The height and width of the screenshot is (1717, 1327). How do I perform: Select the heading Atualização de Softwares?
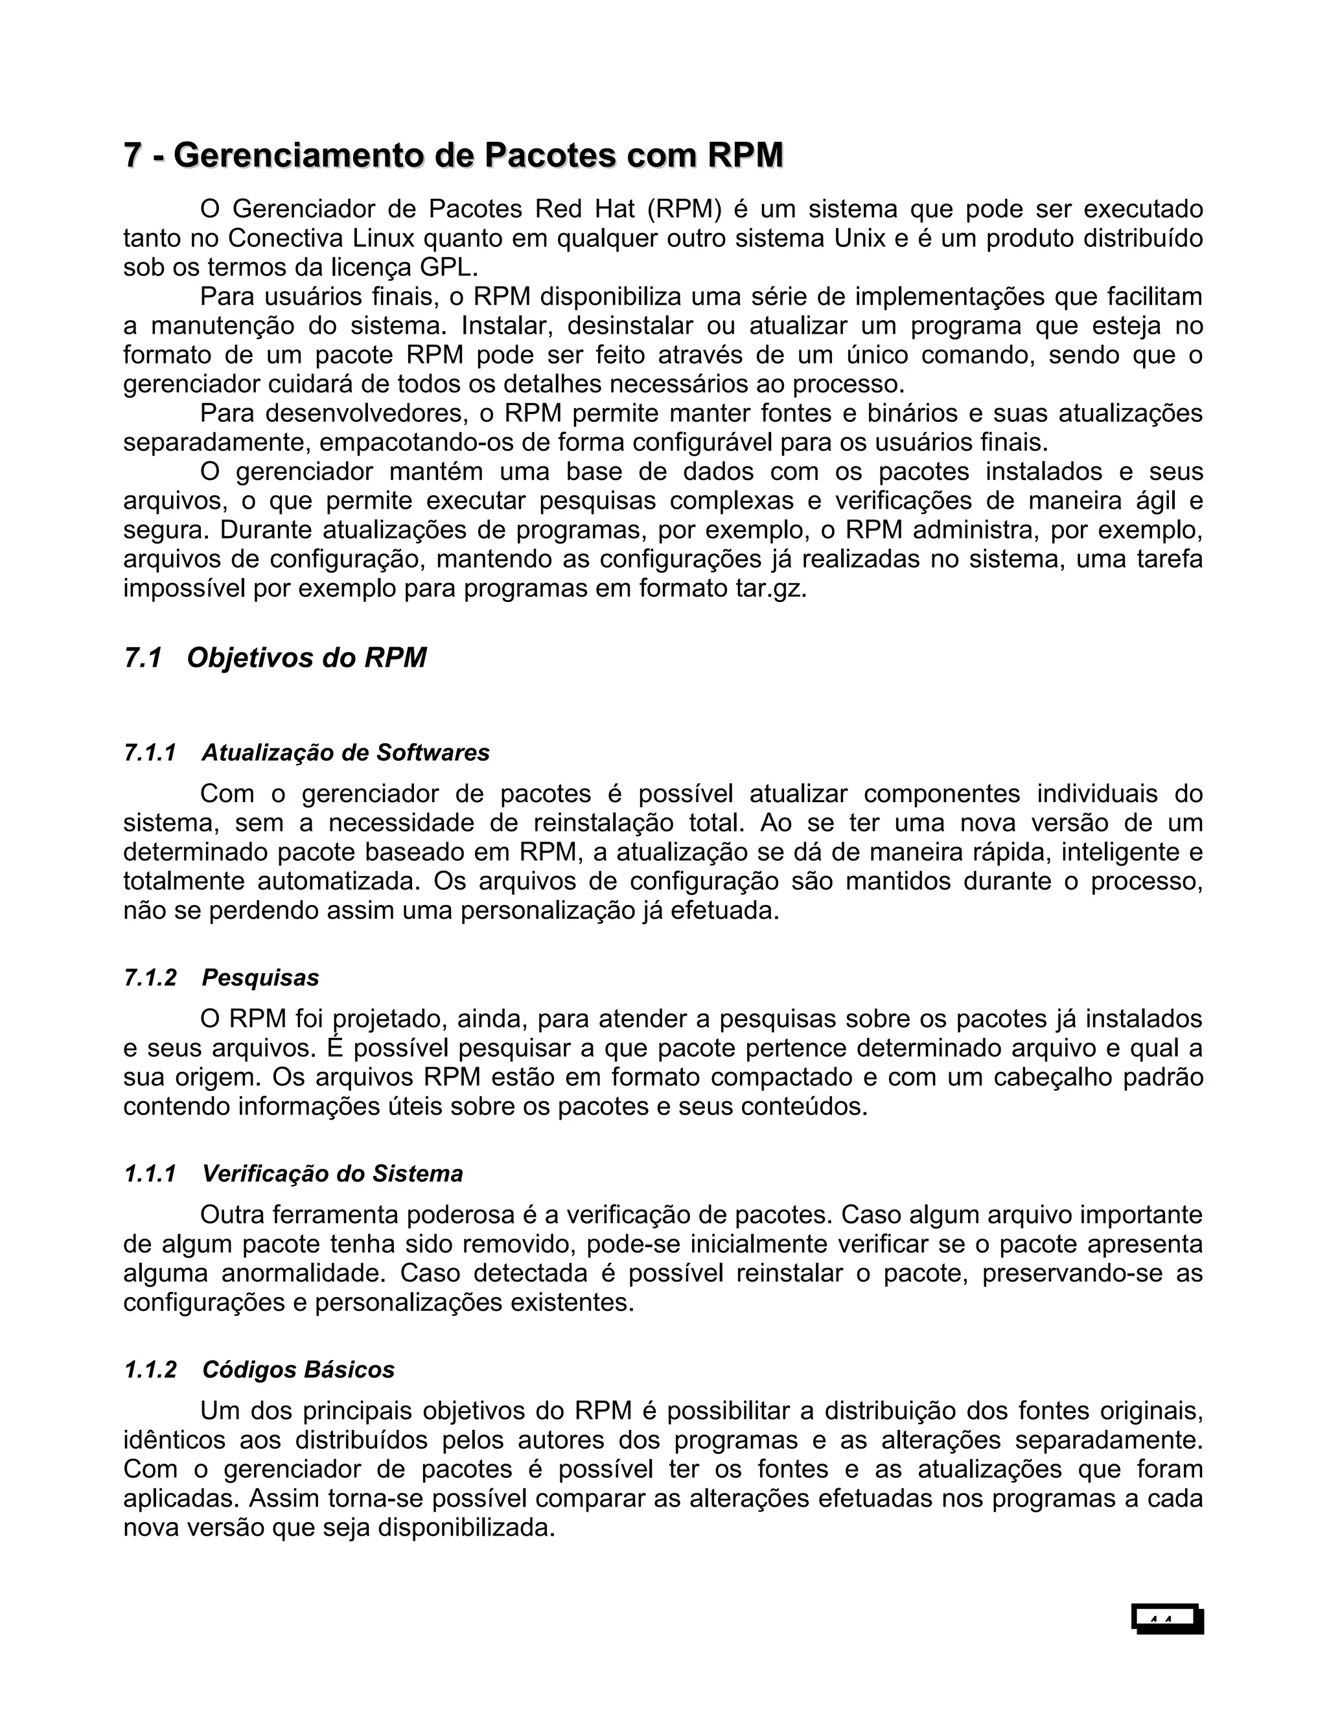(345, 752)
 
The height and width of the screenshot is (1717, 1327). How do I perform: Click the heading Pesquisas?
(260, 977)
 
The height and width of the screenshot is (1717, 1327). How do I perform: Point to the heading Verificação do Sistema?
(332, 1174)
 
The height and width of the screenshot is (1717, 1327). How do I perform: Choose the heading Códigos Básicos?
(298, 1370)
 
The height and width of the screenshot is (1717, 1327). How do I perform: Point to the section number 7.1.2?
(150, 977)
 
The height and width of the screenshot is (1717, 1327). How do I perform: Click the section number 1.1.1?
(150, 1174)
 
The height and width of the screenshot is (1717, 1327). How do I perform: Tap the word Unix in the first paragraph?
(859, 238)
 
